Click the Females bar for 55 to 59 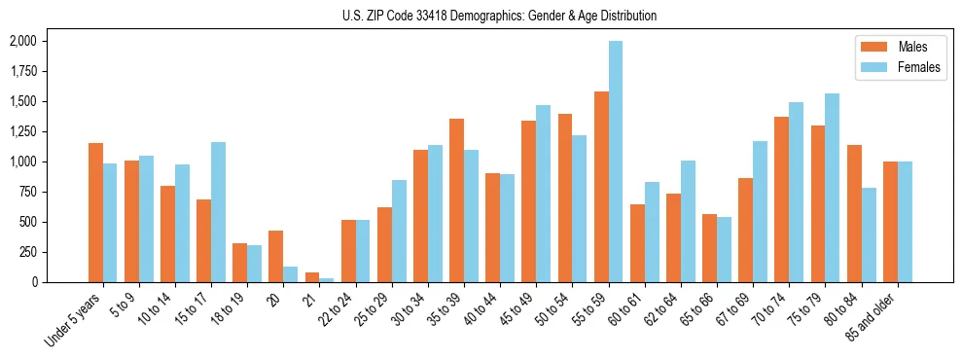[x=616, y=162]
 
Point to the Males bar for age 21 [x=312, y=277]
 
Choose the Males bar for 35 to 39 [x=456, y=200]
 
